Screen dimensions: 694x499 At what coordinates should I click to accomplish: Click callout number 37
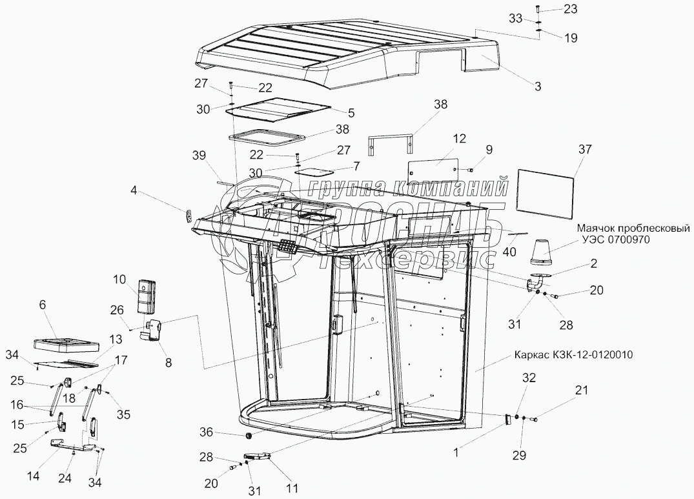[584, 150]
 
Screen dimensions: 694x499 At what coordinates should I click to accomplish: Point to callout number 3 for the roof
[537, 85]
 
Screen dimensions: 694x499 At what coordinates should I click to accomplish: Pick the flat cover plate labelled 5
[279, 110]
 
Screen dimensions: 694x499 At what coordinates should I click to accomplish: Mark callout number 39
[198, 155]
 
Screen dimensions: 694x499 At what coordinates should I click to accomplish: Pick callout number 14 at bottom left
[33, 476]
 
